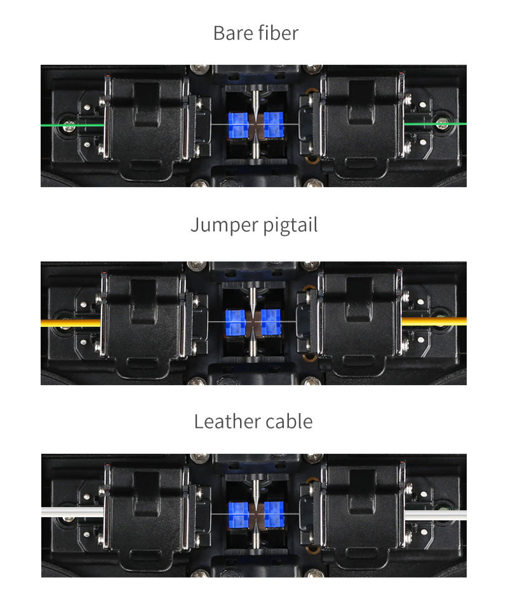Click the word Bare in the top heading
pos(230,33)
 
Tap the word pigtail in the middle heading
pos(290,226)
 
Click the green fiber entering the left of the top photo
pos(72,124)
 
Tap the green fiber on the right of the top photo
pos(435,124)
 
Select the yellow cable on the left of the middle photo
pos(71,323)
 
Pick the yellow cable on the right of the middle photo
pos(434,321)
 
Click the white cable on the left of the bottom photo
pos(72,511)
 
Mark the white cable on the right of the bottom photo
pos(436,515)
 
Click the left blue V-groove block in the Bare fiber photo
pos(238,125)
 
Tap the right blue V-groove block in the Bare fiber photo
pos(273,124)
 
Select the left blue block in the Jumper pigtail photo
pos(236,323)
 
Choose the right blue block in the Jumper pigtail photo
pos(271,322)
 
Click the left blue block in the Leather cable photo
pos(239,515)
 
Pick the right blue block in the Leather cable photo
pos(274,515)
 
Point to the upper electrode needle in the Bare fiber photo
pos(256,103)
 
